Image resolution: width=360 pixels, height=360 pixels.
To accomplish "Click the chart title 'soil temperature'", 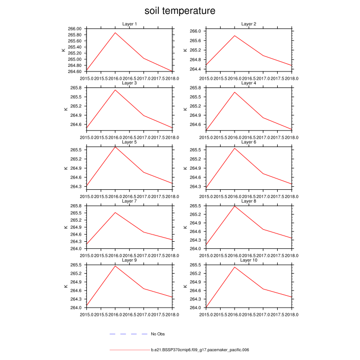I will coord(179,11).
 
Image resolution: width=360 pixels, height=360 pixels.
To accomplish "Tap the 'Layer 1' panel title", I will coord(130,24).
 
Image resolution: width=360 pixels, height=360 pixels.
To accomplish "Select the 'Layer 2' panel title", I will coord(249,24).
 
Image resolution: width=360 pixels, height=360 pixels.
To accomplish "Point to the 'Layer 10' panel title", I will coord(249,260).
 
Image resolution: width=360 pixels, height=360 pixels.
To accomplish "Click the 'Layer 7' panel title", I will coord(130,201).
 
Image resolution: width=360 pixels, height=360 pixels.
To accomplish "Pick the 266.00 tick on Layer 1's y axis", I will coord(75,29).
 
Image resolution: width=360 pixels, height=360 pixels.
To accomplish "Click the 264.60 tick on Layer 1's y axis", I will coord(75,71).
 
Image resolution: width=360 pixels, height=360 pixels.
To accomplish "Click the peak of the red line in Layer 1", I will coord(115,33).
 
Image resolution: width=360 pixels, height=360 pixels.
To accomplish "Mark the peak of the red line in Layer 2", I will coord(235,35).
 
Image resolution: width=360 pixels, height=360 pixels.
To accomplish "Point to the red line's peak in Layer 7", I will coord(115,212).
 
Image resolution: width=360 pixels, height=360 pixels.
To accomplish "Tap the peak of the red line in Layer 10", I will coord(235,267).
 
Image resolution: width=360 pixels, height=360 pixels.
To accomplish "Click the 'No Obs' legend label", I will coord(157,334).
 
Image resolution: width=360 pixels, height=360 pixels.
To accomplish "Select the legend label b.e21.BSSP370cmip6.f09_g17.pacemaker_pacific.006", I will coord(200,350).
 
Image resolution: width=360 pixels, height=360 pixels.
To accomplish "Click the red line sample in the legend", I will coord(129,350).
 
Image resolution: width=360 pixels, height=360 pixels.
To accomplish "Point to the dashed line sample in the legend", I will coord(129,334).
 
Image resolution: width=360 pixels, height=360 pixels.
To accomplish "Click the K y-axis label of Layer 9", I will coord(65,286).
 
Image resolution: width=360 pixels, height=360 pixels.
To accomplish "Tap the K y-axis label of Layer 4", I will coord(185,109).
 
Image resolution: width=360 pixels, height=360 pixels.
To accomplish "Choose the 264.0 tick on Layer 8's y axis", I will coord(196,248).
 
